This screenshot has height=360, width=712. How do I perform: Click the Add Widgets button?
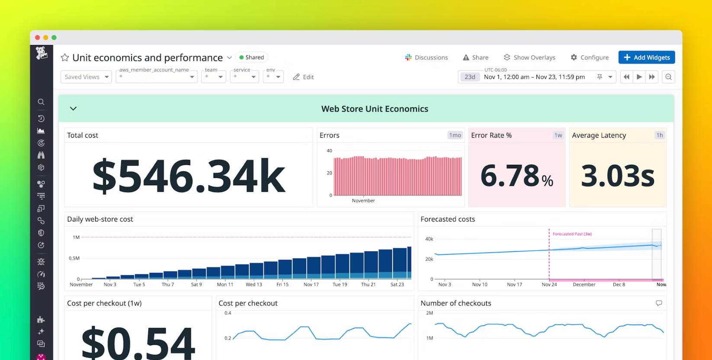click(x=646, y=58)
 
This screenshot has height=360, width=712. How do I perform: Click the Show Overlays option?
click(x=529, y=58)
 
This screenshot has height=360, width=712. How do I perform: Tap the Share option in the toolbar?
click(x=475, y=58)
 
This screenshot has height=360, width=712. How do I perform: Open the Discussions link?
click(x=427, y=58)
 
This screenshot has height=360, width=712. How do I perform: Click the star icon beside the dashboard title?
click(x=65, y=58)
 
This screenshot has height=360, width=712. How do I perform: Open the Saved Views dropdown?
click(x=86, y=77)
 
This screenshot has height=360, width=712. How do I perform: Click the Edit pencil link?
click(x=303, y=77)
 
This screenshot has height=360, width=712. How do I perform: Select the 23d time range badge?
click(x=470, y=77)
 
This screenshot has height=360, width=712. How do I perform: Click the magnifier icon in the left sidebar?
click(x=41, y=102)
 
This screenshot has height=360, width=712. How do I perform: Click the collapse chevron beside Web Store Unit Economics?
click(x=73, y=109)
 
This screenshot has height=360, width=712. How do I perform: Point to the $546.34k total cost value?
click(x=189, y=176)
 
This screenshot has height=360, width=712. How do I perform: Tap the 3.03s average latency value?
click(x=617, y=176)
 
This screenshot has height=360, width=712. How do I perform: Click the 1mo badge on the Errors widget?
click(x=455, y=135)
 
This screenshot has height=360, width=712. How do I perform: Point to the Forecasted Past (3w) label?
click(x=572, y=234)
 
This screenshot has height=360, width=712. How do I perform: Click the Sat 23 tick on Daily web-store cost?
click(x=397, y=285)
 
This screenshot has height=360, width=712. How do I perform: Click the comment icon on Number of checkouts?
click(x=659, y=303)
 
